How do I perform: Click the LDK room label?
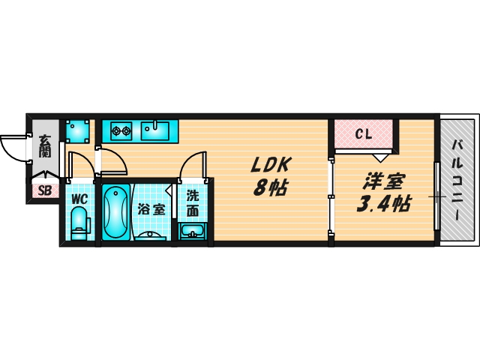point(270,165)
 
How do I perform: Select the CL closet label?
point(363,133)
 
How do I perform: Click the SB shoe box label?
point(45,191)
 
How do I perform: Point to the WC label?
point(79,199)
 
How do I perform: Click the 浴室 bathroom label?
point(151,209)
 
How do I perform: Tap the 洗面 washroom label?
point(193,203)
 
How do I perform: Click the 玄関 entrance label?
point(45,146)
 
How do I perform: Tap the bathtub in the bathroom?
point(115,211)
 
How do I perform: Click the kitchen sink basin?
point(155,131)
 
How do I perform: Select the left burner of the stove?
point(116,131)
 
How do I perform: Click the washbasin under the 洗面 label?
point(192,231)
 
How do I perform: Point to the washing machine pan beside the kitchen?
point(78,131)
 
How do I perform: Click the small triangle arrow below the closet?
point(380,158)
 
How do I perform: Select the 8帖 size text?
point(270,187)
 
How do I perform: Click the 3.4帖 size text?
point(383,203)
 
